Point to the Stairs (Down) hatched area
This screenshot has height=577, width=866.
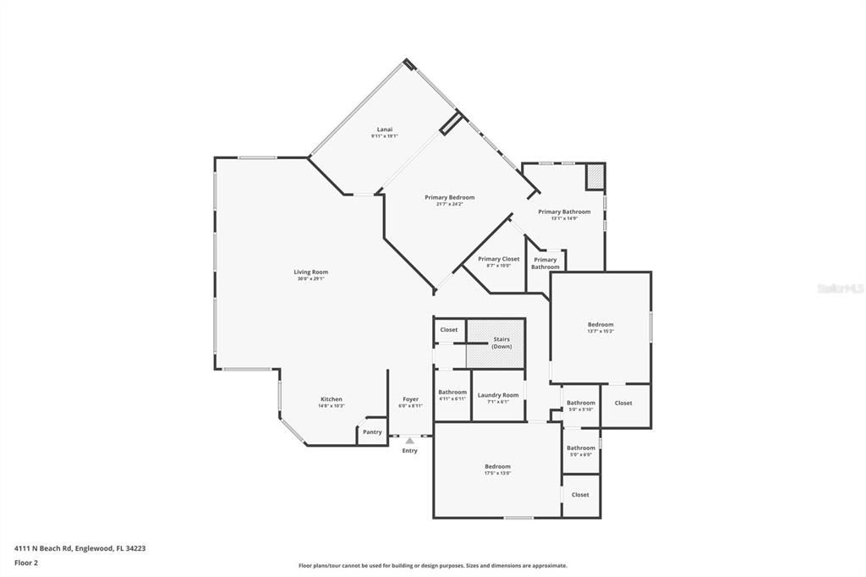496,343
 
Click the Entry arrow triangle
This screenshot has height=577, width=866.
409,440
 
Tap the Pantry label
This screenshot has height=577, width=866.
372,431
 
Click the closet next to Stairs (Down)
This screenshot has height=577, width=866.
448,330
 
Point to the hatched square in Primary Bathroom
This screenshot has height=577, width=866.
595,176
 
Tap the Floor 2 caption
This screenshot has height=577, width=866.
26,562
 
